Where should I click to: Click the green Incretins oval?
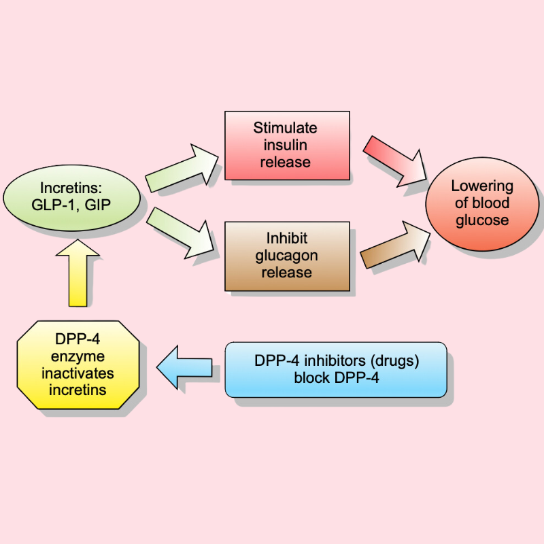[x=71, y=194]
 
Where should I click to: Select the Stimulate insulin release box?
[x=286, y=146]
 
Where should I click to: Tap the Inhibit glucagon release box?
[x=286, y=256]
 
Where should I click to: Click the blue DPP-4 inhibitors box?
[x=336, y=369]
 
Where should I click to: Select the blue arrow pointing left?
[x=185, y=369]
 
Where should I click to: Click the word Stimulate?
[x=286, y=128]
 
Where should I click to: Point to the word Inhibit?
[x=286, y=239]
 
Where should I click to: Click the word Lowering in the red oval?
[x=482, y=186]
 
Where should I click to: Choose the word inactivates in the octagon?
[x=78, y=373]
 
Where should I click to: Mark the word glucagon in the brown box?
[x=286, y=256]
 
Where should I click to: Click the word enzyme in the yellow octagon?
[x=78, y=356]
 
